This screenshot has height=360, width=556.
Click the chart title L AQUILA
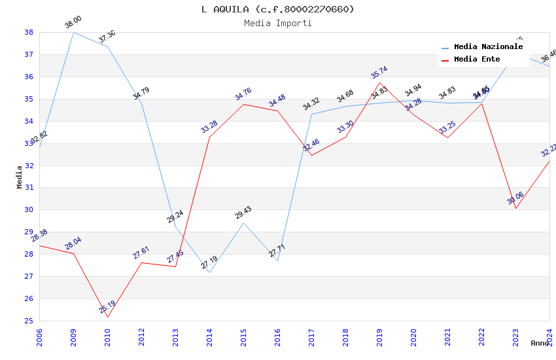(277, 9)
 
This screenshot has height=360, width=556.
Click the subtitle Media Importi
(277, 23)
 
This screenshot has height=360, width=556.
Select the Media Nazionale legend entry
(488, 47)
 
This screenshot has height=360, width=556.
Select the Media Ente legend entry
(477, 60)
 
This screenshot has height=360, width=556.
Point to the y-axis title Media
(20, 177)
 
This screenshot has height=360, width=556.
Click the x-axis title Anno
(540, 343)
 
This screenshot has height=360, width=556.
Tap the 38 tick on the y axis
(29, 32)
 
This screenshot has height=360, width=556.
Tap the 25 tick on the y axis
(29, 321)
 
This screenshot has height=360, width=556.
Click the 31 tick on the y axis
(29, 188)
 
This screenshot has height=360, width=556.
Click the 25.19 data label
(107, 306)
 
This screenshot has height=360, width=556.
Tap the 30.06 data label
(515, 198)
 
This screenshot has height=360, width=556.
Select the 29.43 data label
(243, 213)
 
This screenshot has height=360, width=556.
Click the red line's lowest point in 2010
(107, 317)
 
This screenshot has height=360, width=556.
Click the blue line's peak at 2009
(73, 32)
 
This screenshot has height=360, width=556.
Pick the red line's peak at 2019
(379, 82)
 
